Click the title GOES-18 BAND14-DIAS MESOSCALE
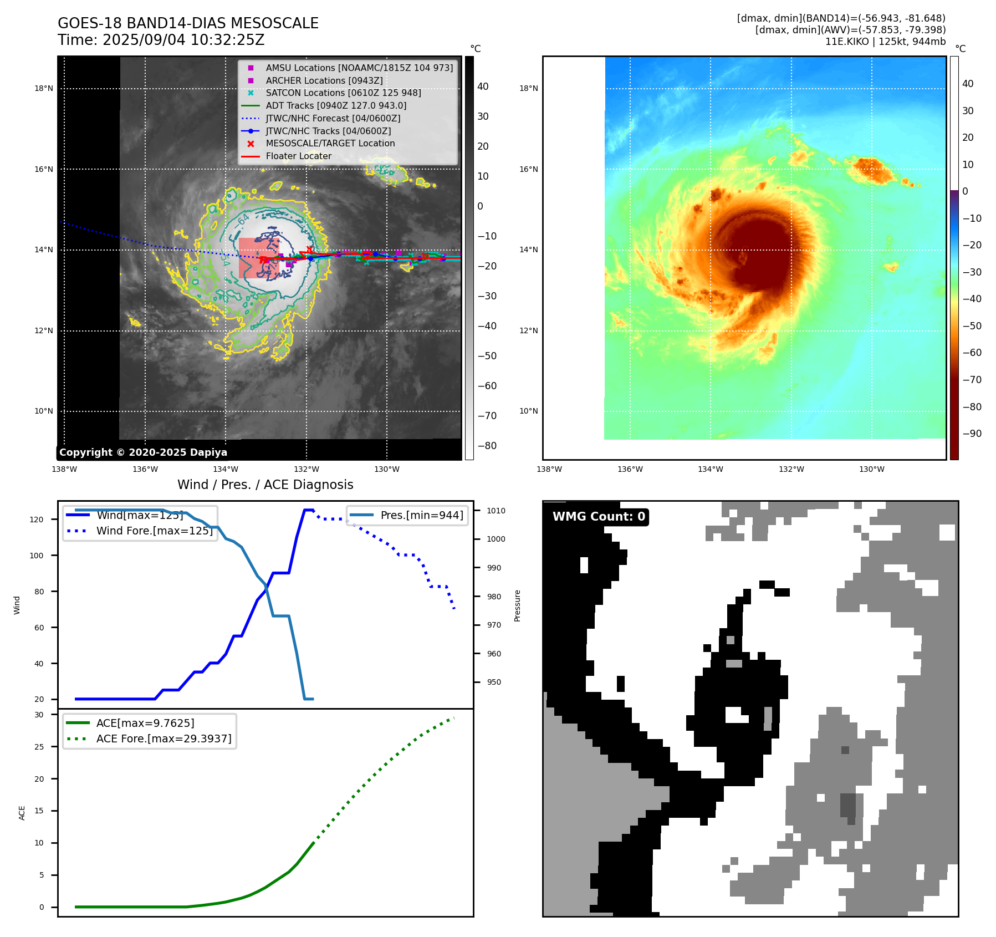click(x=188, y=23)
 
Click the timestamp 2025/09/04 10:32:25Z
click(x=183, y=40)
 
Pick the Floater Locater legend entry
click(x=298, y=156)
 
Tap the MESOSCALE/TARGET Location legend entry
click(x=330, y=144)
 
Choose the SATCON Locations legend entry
click(x=343, y=93)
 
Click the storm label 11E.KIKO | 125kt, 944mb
click(x=885, y=42)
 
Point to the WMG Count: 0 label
click(x=599, y=517)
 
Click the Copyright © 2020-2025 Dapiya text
click(x=143, y=452)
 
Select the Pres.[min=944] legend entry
click(x=422, y=515)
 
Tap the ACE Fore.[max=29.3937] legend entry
click(x=164, y=739)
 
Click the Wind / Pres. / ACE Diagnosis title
click(x=265, y=485)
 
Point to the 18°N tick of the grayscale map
click(x=44, y=88)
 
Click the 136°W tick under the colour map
click(x=630, y=469)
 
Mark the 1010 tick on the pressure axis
click(x=496, y=511)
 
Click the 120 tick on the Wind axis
click(x=37, y=520)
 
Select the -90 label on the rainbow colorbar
click(x=972, y=434)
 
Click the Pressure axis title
click(x=517, y=605)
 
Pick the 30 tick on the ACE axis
click(x=39, y=715)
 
